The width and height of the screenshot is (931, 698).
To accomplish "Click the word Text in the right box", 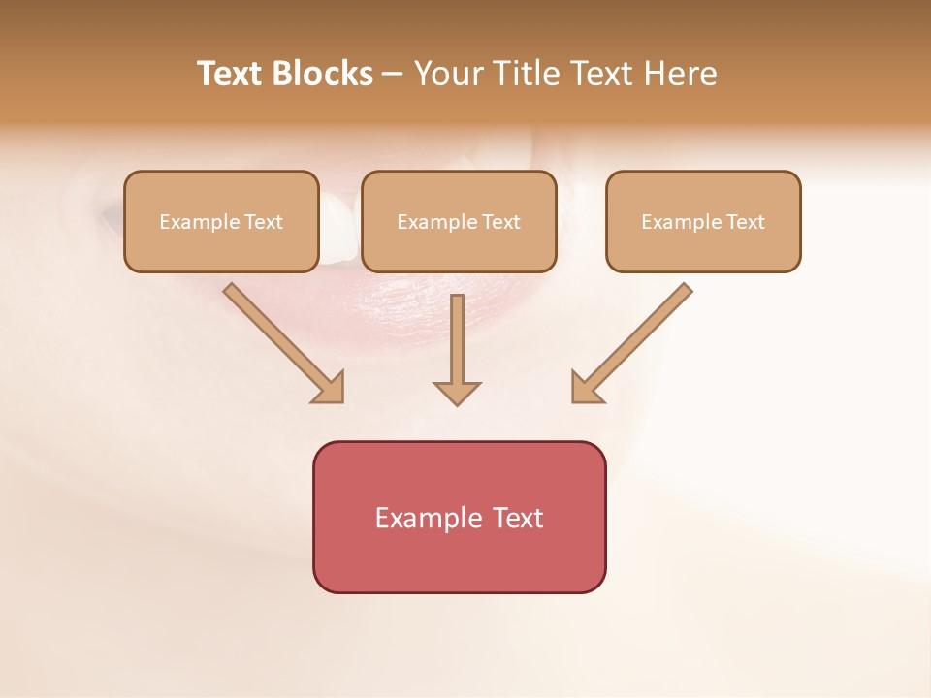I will [745, 222].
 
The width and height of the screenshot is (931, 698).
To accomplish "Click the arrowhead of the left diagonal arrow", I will [330, 388].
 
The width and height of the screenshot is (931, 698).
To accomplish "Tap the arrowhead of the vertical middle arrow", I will [457, 393].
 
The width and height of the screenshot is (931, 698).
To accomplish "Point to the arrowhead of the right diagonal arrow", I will [586, 388].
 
